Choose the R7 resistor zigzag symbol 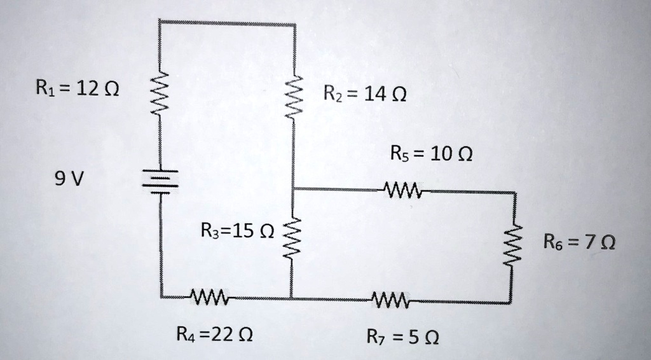(x=392, y=298)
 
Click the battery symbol (x=160, y=179)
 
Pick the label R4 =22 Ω (x=214, y=333)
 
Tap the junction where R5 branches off (x=293, y=189)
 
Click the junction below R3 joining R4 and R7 (x=292, y=298)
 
